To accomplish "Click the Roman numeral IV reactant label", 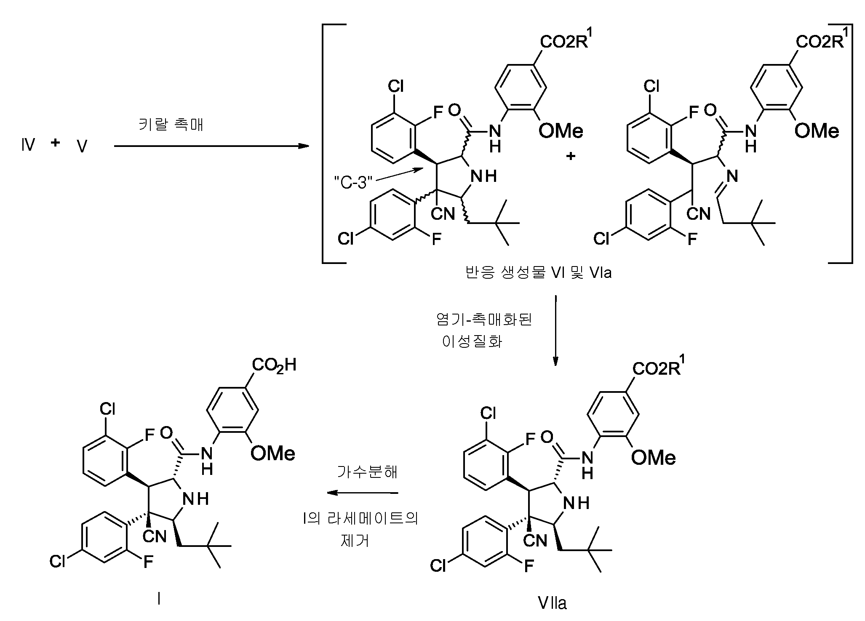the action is pyautogui.click(x=28, y=145).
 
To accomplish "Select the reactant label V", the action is pyautogui.click(x=82, y=147).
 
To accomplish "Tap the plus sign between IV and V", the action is pyautogui.click(x=55, y=142).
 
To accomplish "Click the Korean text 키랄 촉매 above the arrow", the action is pyautogui.click(x=171, y=125).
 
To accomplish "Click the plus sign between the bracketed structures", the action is pyautogui.click(x=571, y=156).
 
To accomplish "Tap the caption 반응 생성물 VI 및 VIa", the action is pyautogui.click(x=538, y=273).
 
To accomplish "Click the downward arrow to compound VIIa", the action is pyautogui.click(x=555, y=330).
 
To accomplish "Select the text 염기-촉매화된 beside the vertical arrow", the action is pyautogui.click(x=484, y=320).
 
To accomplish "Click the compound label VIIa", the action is pyautogui.click(x=552, y=604).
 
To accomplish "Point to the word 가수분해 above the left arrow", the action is pyautogui.click(x=367, y=472).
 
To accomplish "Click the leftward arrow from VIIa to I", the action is pyautogui.click(x=363, y=492).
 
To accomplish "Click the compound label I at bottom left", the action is pyautogui.click(x=158, y=599).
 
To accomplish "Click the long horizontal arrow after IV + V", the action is pyautogui.click(x=212, y=146).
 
